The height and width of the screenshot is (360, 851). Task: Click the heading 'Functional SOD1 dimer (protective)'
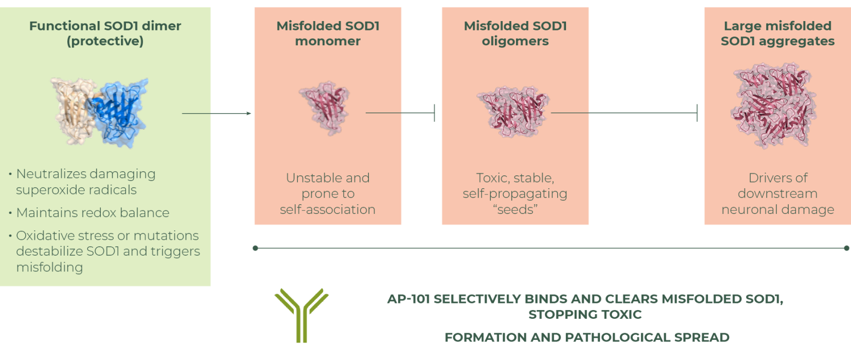tap(105, 33)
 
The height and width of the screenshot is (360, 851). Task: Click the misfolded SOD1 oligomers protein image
tap(513, 111)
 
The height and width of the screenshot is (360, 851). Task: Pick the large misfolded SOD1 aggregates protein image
tap(774, 105)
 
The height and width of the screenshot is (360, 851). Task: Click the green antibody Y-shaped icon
tap(302, 315)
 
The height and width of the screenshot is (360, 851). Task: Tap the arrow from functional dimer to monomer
tap(216, 113)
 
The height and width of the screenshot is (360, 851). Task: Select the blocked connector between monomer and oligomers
tap(401, 113)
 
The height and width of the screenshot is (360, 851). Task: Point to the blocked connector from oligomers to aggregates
tap(625, 113)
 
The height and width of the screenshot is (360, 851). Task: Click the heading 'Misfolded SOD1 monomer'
tap(328, 33)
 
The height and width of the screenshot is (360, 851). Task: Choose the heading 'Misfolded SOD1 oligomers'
tap(515, 33)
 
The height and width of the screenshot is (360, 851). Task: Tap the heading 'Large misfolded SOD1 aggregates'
tap(777, 33)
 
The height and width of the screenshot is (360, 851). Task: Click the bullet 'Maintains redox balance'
tap(93, 213)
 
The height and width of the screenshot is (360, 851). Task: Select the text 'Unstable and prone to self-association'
tap(328, 194)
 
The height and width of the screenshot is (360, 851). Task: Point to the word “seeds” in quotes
tap(515, 210)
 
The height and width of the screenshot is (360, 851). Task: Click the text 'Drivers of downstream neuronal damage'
tap(777, 194)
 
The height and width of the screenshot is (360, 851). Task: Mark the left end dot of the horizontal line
tap(255, 248)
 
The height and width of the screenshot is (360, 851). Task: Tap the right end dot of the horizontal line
tap(847, 248)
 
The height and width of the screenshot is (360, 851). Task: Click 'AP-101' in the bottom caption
tap(409, 299)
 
